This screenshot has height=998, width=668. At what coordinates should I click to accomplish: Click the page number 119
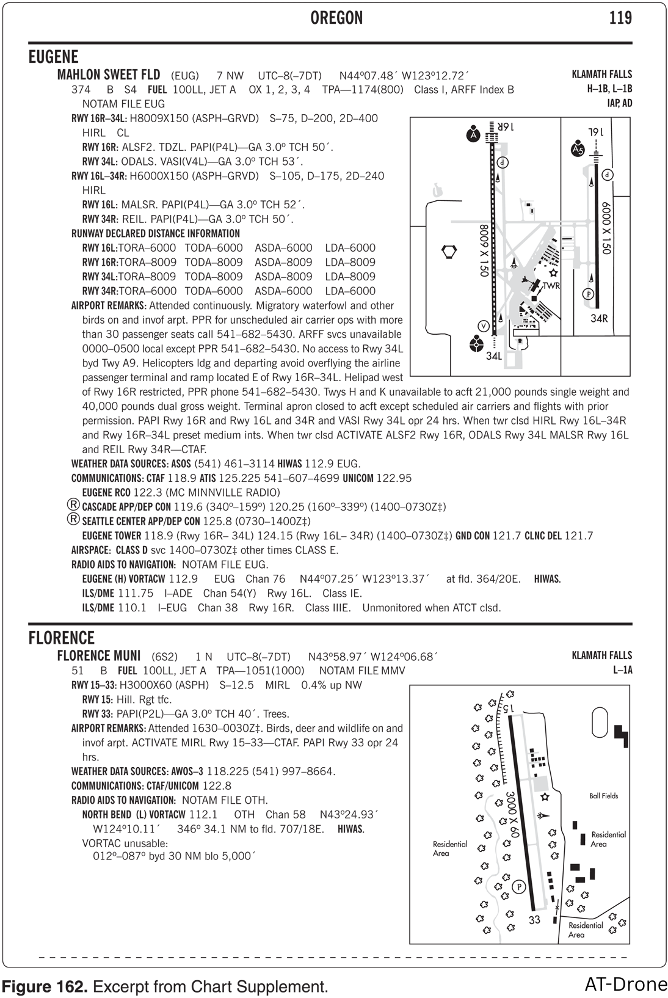(620, 18)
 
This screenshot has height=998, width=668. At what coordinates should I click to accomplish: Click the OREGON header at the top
(336, 18)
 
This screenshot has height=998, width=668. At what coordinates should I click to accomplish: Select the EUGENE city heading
(54, 57)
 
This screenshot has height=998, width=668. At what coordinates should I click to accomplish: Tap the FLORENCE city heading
(62, 638)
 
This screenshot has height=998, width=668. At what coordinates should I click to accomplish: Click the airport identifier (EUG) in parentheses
(184, 76)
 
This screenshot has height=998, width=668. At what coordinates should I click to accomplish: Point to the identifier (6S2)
(164, 657)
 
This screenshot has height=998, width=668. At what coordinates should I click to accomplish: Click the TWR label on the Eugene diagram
(551, 286)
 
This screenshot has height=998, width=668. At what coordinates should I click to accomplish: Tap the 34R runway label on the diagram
(599, 318)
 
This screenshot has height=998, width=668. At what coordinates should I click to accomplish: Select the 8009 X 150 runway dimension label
(484, 251)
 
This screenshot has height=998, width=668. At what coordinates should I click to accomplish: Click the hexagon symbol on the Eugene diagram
(449, 251)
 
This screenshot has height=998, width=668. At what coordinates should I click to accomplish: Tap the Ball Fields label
(603, 796)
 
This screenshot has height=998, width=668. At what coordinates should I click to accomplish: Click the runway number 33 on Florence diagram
(535, 920)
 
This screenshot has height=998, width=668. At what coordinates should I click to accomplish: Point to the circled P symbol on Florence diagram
(519, 886)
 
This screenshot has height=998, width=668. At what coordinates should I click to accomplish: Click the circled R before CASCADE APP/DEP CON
(73, 505)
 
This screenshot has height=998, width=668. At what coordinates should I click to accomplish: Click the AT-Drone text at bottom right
(625, 984)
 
